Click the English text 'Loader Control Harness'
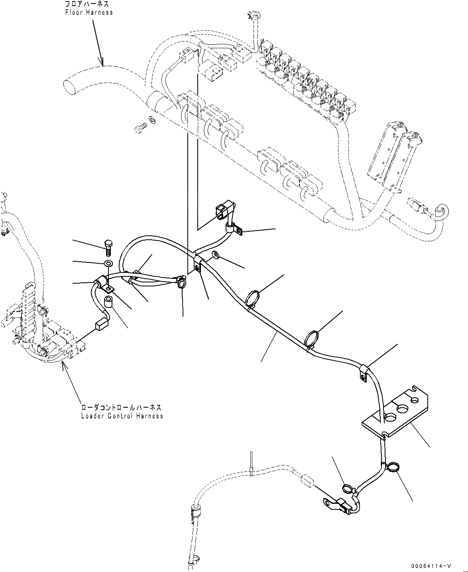click(122, 416)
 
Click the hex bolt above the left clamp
click(108, 247)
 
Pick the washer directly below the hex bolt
click(108, 263)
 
